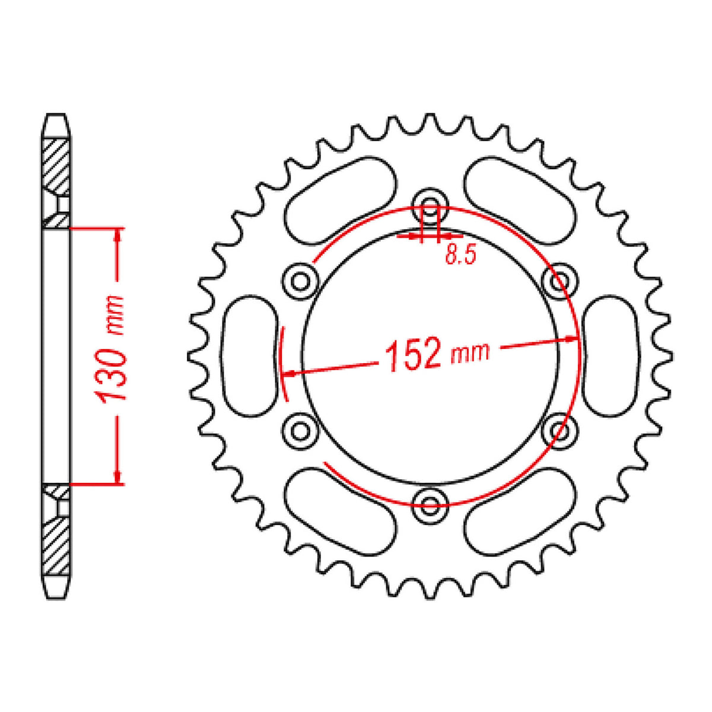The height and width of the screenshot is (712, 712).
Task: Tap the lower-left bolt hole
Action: coord(300,429)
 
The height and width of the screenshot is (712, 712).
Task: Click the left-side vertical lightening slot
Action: coord(250,357)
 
